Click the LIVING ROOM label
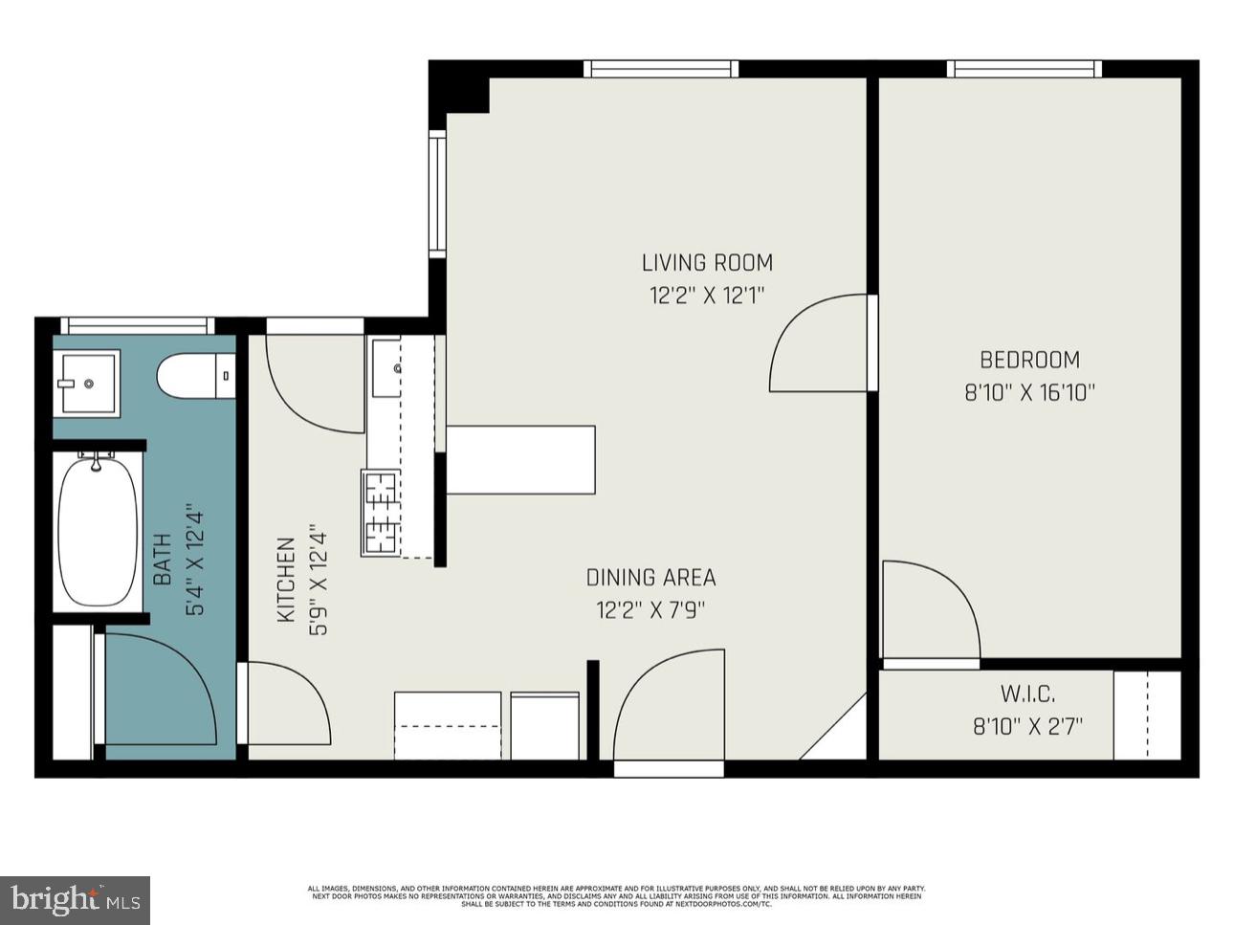pos(706,262)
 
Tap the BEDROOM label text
pos(1029,360)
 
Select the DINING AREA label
pos(650,578)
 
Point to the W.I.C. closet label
pos(1027,694)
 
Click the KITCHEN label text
pos(285,581)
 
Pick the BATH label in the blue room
pos(163,560)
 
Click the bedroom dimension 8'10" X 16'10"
pos(1029,392)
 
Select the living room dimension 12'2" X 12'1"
pos(706,296)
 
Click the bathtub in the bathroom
pos(97,532)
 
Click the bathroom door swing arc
pos(160,687)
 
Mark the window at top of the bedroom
pos(1024,69)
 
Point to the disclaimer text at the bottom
pos(615,896)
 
